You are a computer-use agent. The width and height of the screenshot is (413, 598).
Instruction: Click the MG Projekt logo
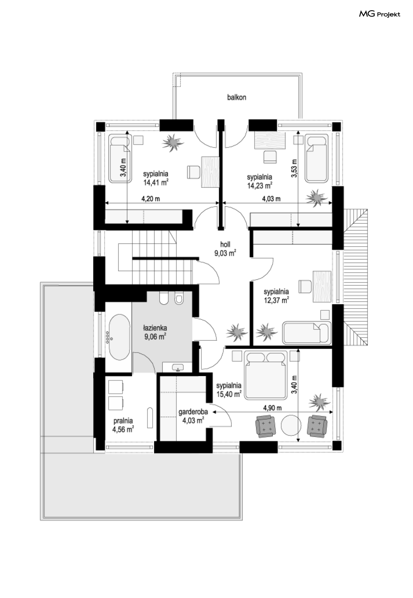pyautogui.click(x=379, y=14)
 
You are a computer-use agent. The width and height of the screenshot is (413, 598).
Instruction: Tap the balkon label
pyautogui.click(x=236, y=97)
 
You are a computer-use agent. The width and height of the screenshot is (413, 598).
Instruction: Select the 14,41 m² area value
pyautogui.click(x=156, y=183)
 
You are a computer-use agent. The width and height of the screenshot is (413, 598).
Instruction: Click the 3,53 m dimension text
pyautogui.click(x=294, y=168)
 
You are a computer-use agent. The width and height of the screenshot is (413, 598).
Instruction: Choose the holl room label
pyautogui.click(x=225, y=244)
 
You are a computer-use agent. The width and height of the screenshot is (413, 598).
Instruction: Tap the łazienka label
pyautogui.click(x=155, y=328)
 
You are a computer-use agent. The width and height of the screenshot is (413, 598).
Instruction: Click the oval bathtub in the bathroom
pyautogui.click(x=119, y=337)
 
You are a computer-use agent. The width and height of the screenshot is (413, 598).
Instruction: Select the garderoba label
pyautogui.click(x=193, y=412)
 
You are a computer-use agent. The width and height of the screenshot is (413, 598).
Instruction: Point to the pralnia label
pyautogui.click(x=123, y=421)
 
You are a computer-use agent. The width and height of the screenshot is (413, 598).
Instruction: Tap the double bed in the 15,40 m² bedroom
pyautogui.click(x=266, y=375)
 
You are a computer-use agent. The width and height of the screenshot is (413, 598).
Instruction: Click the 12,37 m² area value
pyautogui.click(x=276, y=300)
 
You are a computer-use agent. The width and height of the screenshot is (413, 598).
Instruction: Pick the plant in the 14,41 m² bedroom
pyautogui.click(x=173, y=142)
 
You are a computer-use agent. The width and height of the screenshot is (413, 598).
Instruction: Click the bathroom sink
pyautogui.click(x=177, y=367)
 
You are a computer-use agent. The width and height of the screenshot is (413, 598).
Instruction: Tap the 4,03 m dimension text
pyautogui.click(x=271, y=199)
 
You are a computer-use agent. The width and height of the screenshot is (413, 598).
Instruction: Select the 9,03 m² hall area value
pyautogui.click(x=225, y=253)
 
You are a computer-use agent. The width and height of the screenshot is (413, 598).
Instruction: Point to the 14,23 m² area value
pyautogui.click(x=260, y=186)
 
